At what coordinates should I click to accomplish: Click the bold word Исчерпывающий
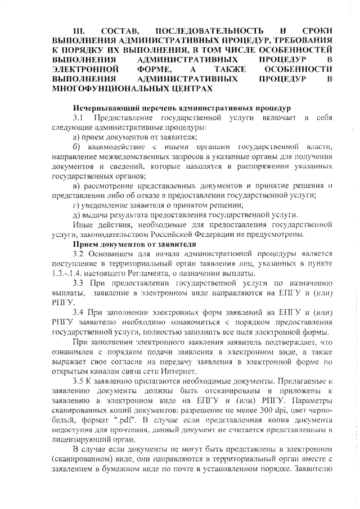104,108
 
